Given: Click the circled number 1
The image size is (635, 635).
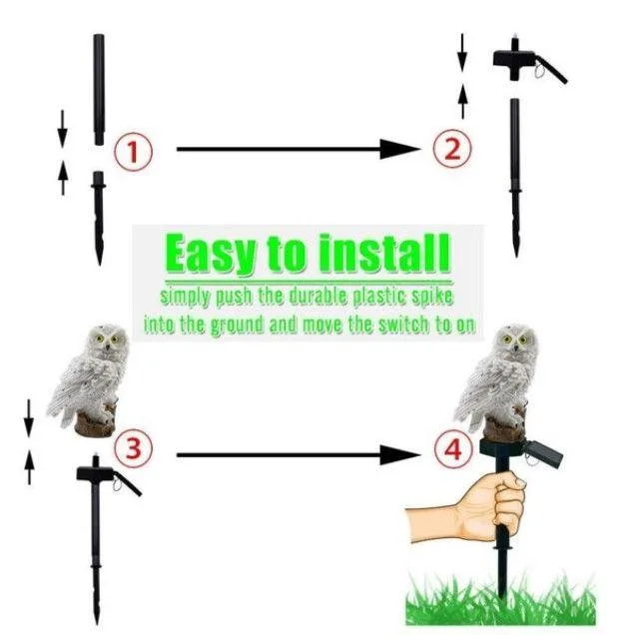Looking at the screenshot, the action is [x=133, y=153].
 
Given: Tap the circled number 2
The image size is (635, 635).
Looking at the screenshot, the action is [x=452, y=148].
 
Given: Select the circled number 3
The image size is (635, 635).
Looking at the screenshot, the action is [x=133, y=448].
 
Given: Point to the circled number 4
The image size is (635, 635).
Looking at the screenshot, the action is [x=453, y=449].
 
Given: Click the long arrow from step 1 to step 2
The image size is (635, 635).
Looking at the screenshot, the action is [x=299, y=149].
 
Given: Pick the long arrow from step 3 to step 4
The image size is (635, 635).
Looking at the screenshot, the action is [x=299, y=455].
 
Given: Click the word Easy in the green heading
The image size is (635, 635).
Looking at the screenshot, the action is [x=211, y=255].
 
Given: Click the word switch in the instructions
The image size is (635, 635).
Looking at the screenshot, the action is [x=403, y=324].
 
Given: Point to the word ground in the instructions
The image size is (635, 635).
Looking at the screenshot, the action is [x=237, y=326].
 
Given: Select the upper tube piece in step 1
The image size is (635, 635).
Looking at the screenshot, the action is [x=99, y=89].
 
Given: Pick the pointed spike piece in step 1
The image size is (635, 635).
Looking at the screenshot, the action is [x=99, y=218].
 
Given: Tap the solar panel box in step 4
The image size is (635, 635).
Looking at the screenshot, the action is [x=543, y=452].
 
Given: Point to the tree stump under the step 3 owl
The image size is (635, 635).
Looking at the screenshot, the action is [x=96, y=422].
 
